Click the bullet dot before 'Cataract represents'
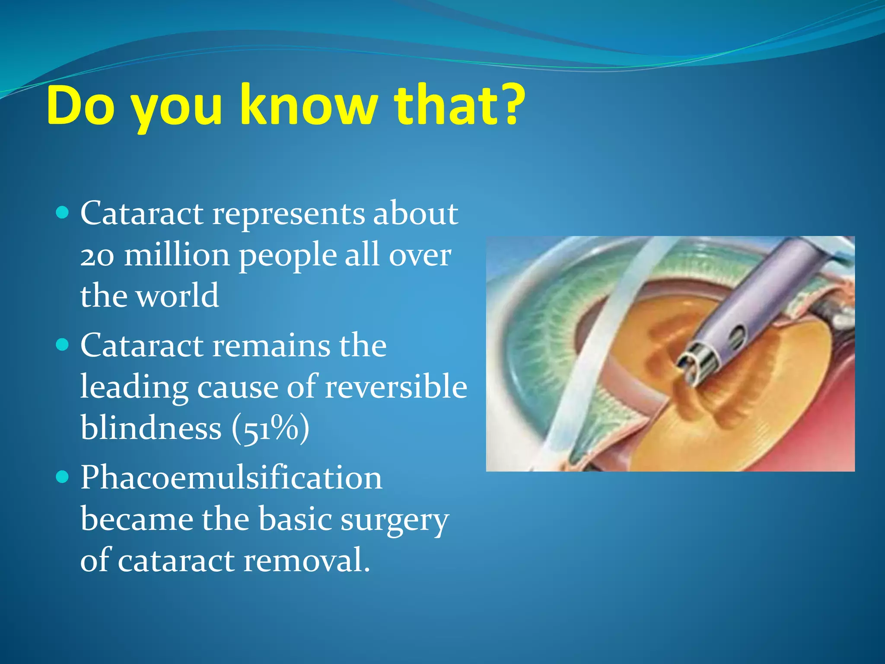click(63, 213)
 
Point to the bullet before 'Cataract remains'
click(63, 345)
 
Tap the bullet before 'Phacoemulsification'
click(63, 477)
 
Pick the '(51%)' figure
click(271, 428)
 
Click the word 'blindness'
click(151, 428)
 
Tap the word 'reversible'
click(396, 386)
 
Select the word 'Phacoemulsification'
click(231, 478)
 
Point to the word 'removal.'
click(307, 560)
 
